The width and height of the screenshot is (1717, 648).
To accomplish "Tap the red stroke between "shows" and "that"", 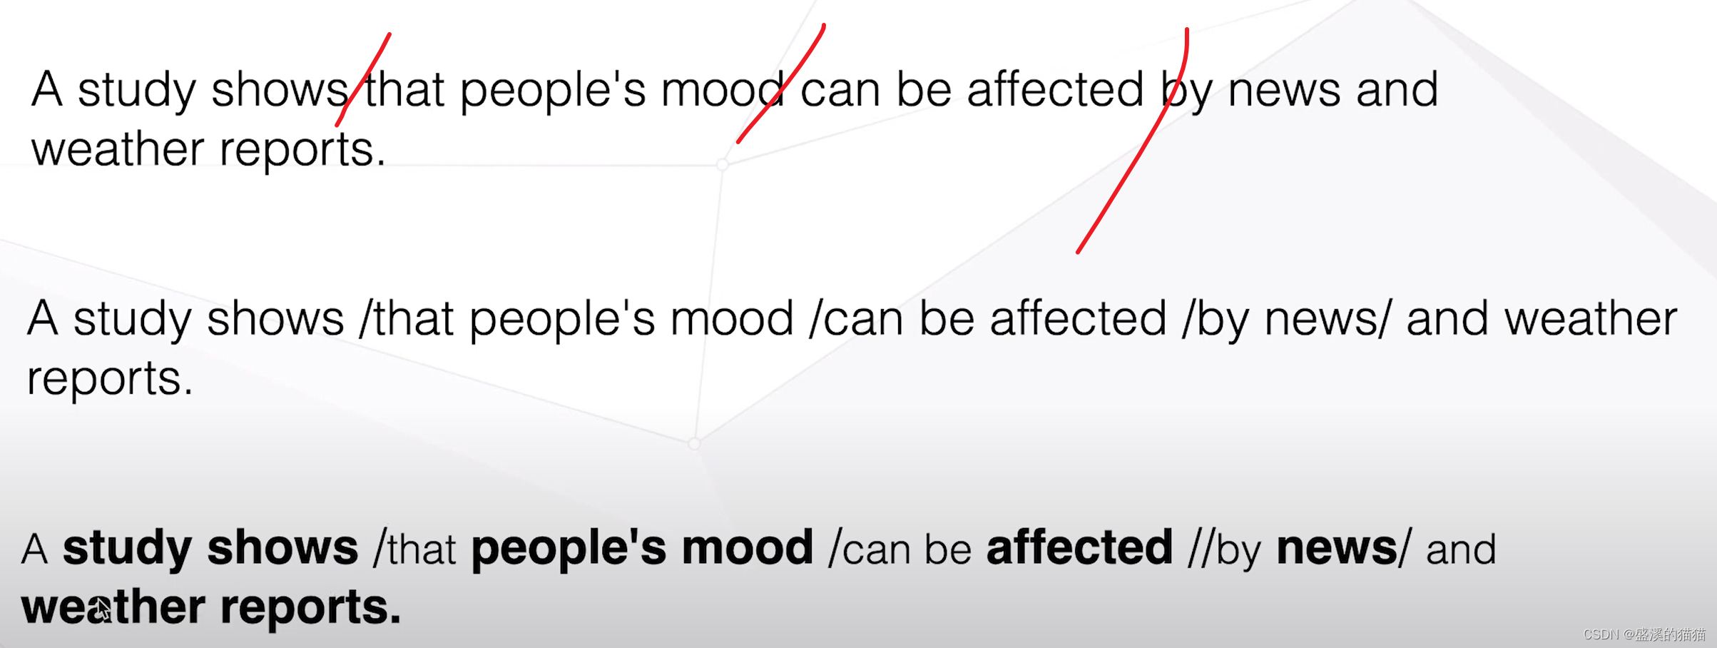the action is coord(362,80).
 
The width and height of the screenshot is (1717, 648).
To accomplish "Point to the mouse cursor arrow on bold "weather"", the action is coord(103,609).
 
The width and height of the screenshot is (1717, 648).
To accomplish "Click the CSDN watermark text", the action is coord(1644,634).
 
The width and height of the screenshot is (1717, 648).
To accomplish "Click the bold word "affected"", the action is coord(1079,547).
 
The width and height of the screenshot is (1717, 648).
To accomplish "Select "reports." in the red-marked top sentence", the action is coord(302,151).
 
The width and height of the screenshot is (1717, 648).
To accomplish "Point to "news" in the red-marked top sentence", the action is coord(1283,91).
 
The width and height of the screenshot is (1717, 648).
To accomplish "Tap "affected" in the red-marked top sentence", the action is coord(1055,89).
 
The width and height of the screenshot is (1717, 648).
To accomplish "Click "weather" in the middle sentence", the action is coord(1590,319).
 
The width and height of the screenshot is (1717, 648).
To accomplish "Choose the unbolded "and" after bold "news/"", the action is coord(1460,550).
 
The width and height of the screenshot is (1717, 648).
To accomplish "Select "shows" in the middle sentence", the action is coord(275,318).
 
